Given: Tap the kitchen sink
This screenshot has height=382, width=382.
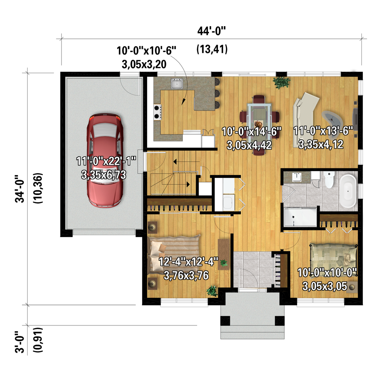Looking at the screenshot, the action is (x=177, y=83).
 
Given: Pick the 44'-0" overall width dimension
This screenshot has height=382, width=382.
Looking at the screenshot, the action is (x=212, y=31).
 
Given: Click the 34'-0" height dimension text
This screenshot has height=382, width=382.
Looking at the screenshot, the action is (x=20, y=189).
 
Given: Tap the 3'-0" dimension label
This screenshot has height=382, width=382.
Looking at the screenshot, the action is (x=20, y=342).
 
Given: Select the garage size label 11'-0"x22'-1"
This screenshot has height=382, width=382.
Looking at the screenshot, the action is (x=106, y=161).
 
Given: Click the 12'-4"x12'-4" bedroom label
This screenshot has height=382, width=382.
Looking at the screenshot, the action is (x=188, y=262).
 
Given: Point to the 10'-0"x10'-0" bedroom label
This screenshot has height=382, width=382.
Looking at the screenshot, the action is (x=327, y=273).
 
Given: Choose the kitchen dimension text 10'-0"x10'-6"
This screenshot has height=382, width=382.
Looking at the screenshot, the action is (x=146, y=51).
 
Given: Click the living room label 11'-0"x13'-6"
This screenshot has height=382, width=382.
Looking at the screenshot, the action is (x=323, y=131).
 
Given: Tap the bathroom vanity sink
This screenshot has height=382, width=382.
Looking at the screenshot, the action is (x=297, y=177).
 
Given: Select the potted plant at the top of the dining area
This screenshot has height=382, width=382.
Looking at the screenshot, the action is (x=282, y=82).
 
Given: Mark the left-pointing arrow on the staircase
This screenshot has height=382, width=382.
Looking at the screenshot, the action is (x=186, y=162).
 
